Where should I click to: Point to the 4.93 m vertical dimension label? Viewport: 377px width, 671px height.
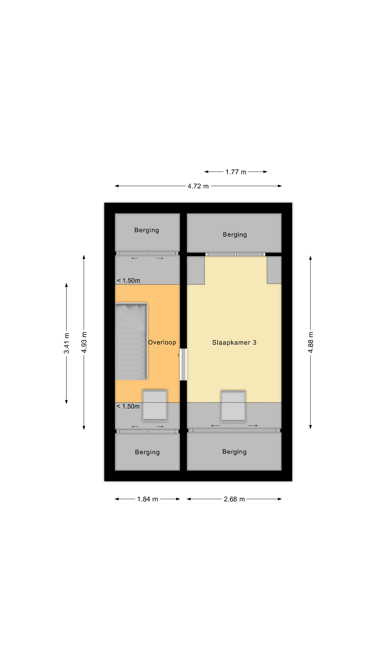(x=84, y=342)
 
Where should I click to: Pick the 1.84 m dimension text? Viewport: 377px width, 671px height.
(x=147, y=499)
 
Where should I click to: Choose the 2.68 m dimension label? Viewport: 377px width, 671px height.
(x=234, y=499)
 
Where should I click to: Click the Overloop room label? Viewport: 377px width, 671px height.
(x=162, y=342)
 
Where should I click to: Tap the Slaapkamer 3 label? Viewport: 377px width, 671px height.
(x=234, y=342)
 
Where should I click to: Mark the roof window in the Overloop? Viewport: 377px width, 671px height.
(x=155, y=405)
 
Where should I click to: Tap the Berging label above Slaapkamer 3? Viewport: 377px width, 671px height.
(x=235, y=235)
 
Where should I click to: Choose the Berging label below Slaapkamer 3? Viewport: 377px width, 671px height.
(x=234, y=452)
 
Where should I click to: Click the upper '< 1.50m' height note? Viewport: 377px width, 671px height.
(x=128, y=280)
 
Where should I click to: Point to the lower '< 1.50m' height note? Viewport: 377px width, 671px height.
(x=128, y=406)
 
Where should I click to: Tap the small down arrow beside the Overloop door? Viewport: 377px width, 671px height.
(x=179, y=355)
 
